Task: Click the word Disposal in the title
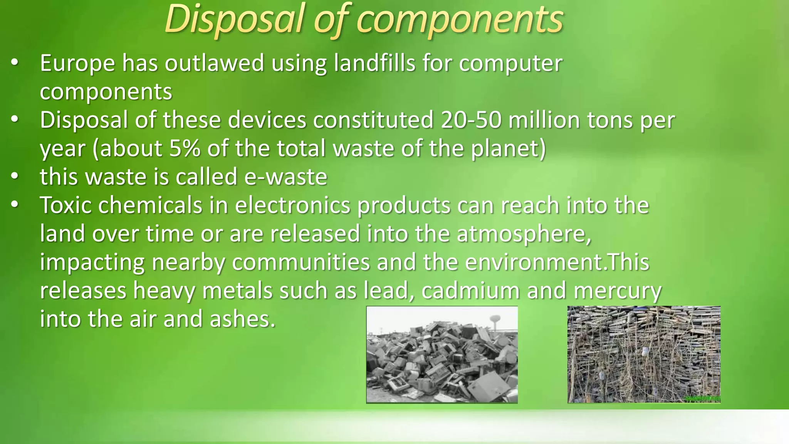(x=235, y=19)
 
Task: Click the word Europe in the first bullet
(x=77, y=63)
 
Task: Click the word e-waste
(x=285, y=177)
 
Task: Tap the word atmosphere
(x=524, y=234)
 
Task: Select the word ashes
(x=242, y=319)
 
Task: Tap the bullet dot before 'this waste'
(x=15, y=176)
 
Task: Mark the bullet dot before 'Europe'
(x=15, y=62)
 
